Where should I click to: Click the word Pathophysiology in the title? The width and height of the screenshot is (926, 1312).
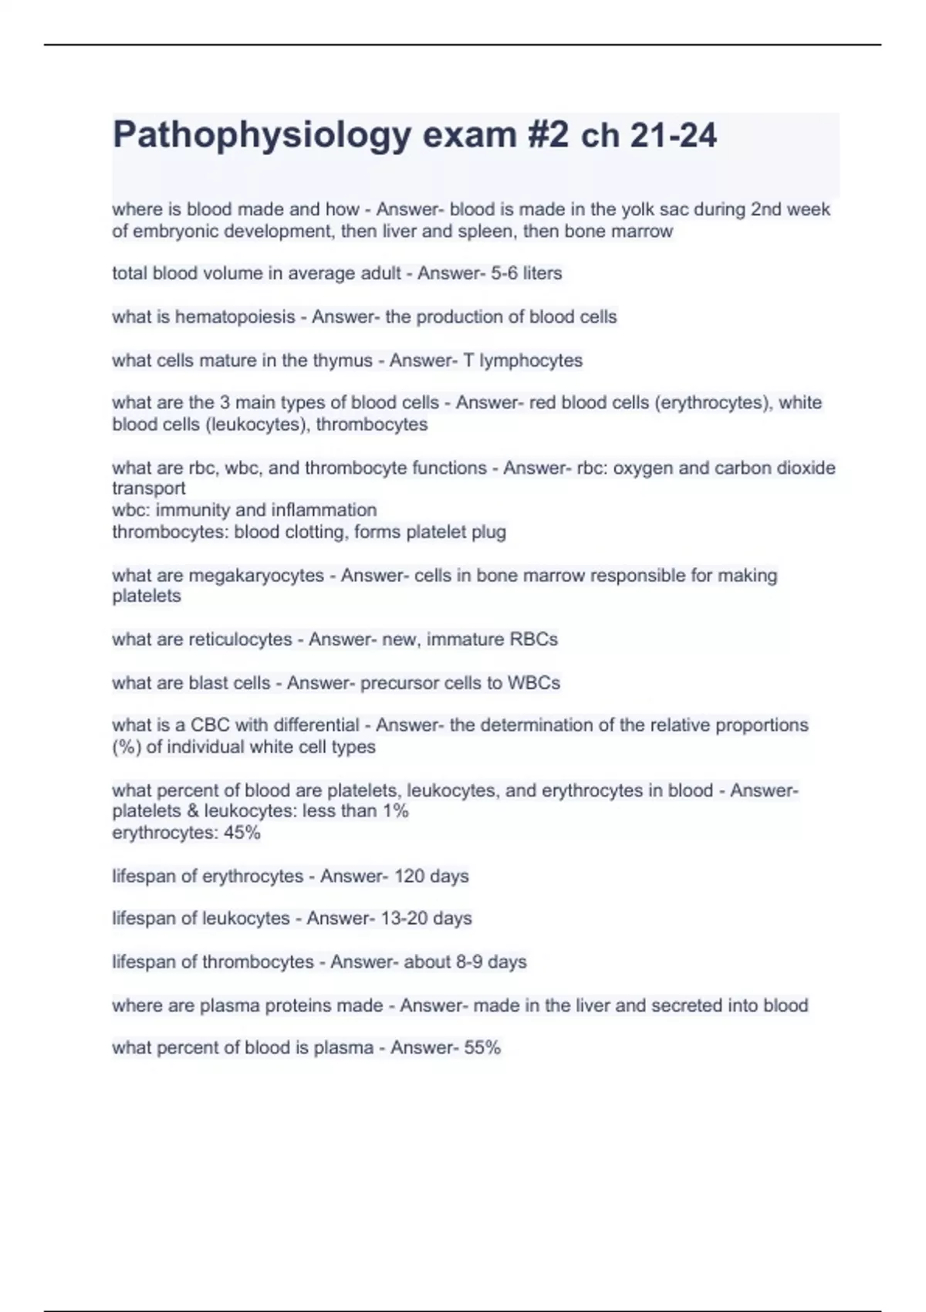(x=262, y=136)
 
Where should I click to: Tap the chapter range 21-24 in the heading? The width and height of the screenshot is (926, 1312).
(x=673, y=136)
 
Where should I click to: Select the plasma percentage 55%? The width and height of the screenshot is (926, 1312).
(x=482, y=1048)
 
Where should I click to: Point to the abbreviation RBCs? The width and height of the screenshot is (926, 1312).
(x=533, y=640)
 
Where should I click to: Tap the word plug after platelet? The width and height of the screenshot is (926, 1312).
(x=488, y=532)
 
